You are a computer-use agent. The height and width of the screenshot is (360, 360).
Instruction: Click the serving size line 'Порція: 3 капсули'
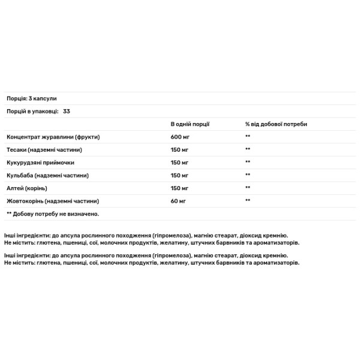[x=31, y=98]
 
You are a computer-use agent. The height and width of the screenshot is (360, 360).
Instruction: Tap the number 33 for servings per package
[x=67, y=111]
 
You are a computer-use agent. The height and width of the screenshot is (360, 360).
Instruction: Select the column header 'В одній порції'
[x=190, y=124]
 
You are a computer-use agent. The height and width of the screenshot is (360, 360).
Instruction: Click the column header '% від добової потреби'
[x=275, y=124]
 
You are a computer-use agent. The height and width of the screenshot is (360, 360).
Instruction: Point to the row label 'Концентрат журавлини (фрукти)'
[x=53, y=137]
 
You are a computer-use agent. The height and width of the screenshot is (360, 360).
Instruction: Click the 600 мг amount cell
[x=180, y=137]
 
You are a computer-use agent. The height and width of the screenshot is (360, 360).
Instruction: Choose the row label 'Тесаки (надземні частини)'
[x=44, y=149]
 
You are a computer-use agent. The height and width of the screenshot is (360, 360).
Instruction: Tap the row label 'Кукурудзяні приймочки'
[x=41, y=163]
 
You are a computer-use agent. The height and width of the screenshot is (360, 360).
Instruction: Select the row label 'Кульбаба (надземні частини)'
[x=47, y=175]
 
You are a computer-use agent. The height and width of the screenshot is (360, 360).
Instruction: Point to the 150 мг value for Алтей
[x=180, y=188]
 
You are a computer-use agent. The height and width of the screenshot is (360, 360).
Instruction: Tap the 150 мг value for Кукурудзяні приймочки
[x=180, y=163]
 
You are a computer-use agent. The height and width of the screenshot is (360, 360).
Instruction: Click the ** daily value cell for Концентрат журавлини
[x=247, y=137]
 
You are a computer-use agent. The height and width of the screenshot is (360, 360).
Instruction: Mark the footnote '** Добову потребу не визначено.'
[x=52, y=214]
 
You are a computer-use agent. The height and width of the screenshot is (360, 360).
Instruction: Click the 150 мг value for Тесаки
[x=180, y=149]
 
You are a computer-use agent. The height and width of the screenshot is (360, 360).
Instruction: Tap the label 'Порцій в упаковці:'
[x=32, y=111]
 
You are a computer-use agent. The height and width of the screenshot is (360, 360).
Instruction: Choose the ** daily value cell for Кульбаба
[x=247, y=175]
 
